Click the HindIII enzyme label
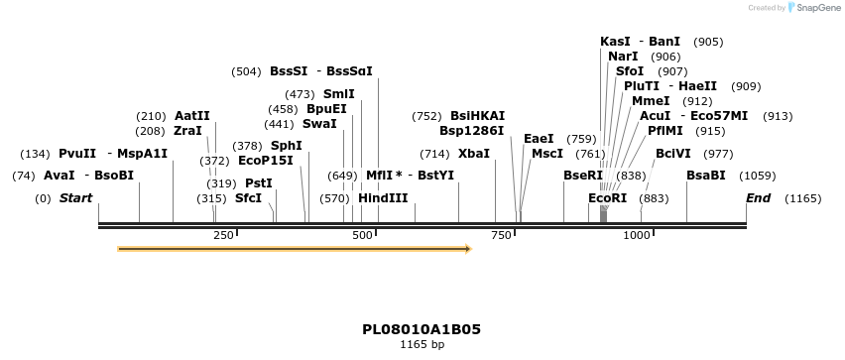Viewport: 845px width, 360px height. (x=383, y=198)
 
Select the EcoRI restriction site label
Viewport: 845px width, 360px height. (x=607, y=198)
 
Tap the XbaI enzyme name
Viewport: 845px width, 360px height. (x=474, y=154)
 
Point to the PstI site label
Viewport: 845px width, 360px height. (x=258, y=183)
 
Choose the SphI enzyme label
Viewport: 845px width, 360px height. (x=286, y=146)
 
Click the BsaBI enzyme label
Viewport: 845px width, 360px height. (x=706, y=176)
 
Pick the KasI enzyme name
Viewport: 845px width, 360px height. (x=615, y=42)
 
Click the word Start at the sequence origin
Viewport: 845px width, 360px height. (x=75, y=198)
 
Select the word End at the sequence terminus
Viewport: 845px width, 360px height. (x=758, y=198)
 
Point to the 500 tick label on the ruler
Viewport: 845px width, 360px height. (x=363, y=235)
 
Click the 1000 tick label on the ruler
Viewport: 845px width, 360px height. (x=636, y=235)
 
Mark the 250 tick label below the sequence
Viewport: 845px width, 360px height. (x=223, y=235)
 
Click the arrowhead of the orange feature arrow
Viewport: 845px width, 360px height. (x=467, y=249)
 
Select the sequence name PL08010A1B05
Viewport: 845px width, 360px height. (x=422, y=329)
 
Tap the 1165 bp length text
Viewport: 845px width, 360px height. (x=422, y=345)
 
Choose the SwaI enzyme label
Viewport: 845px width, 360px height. (x=318, y=124)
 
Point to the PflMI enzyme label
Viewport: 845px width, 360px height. (x=664, y=131)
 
